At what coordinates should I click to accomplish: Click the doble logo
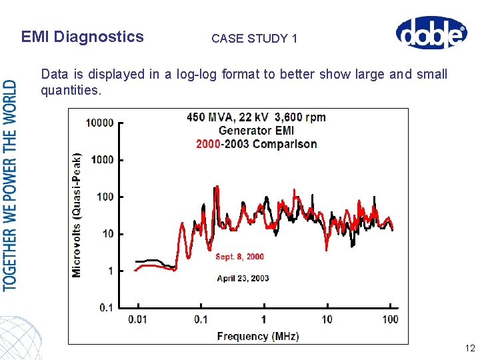(x=430, y=33)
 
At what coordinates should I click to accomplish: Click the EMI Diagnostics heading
(x=82, y=37)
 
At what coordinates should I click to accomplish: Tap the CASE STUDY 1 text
(x=254, y=39)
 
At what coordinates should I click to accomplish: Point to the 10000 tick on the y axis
(x=100, y=123)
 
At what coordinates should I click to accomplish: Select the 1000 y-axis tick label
(x=102, y=160)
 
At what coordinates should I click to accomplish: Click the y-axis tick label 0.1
(x=106, y=308)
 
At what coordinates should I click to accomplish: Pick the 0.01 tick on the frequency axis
(x=137, y=320)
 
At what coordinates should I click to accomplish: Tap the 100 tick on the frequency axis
(x=390, y=320)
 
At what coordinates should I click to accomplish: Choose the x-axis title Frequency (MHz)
(x=258, y=336)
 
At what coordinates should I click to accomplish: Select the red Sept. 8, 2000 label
(x=239, y=257)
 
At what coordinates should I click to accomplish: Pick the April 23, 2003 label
(x=243, y=278)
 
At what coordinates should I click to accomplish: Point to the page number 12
(x=469, y=348)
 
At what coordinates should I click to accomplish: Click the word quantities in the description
(x=70, y=89)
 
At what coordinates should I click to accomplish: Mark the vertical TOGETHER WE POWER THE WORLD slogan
(x=11, y=185)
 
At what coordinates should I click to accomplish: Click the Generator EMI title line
(x=256, y=131)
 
